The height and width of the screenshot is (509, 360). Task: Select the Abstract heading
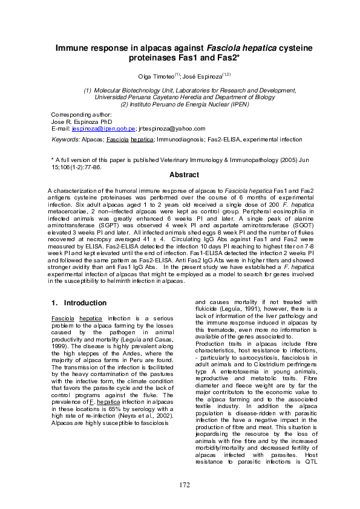click(184, 175)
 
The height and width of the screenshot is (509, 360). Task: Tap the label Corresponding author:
click(81, 114)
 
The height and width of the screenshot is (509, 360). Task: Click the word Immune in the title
click(75, 47)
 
